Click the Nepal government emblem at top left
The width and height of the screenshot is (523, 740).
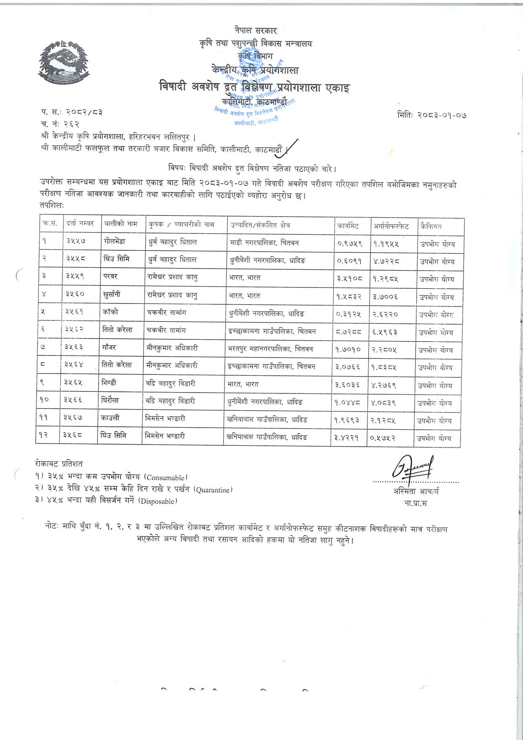pos(64,61)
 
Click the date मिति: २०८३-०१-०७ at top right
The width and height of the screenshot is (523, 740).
pos(431,114)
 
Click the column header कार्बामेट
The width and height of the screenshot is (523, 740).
pos(348,226)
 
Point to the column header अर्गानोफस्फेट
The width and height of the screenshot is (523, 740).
pos(391,226)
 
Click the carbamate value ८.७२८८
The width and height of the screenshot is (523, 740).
pos(348,332)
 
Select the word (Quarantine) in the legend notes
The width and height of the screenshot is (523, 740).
pos(213,490)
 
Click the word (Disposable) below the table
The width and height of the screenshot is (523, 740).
pos(157,501)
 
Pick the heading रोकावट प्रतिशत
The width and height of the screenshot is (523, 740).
pos(59,464)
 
